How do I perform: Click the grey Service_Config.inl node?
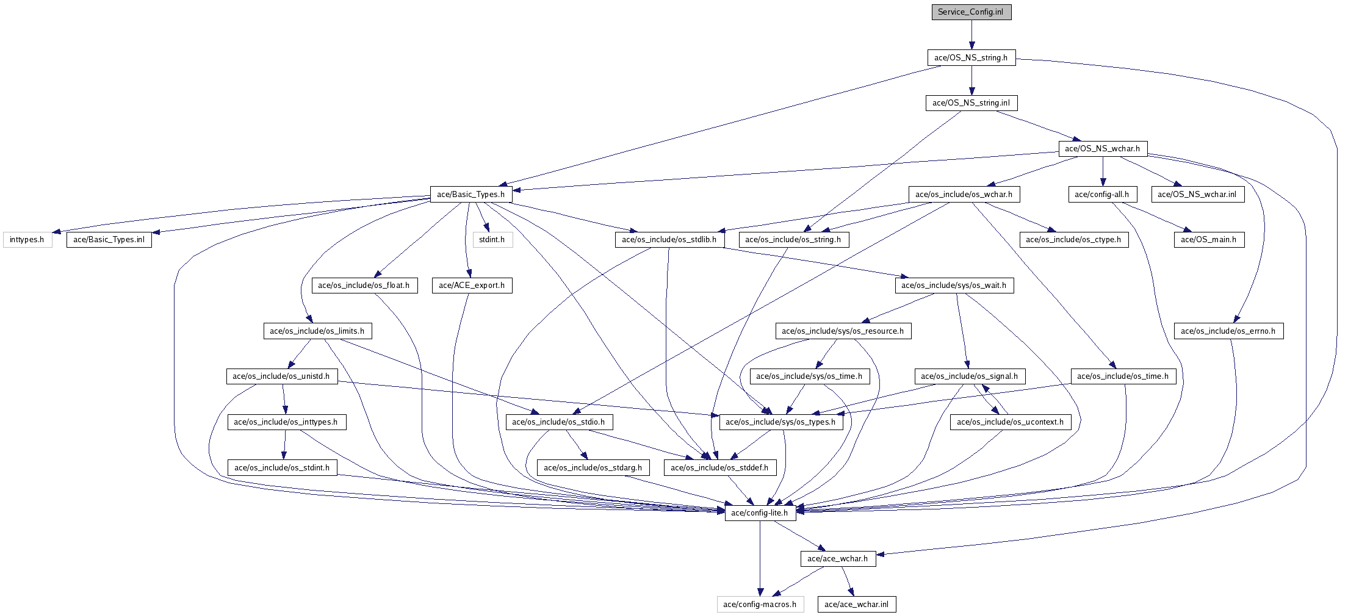971,12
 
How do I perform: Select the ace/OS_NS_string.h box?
971,58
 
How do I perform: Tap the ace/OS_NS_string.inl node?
971,103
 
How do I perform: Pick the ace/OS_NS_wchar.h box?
1102,149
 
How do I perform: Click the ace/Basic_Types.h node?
470,195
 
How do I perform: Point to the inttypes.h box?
27,240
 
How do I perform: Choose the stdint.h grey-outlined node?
492,240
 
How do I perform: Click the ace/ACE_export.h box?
472,286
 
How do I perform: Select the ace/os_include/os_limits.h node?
317,331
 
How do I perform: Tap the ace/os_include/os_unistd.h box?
281,376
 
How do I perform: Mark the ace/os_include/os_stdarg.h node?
593,468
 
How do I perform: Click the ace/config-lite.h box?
760,513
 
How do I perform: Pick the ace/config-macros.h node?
760,605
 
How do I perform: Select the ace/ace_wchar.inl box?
856,605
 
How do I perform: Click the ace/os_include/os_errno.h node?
1228,331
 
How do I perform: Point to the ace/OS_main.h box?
1208,240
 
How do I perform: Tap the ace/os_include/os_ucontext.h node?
1010,422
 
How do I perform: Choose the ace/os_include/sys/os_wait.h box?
954,286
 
